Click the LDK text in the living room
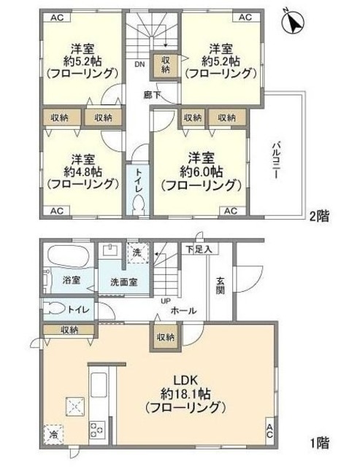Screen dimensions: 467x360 click(x=183, y=379)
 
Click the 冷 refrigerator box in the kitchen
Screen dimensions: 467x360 click(x=54, y=436)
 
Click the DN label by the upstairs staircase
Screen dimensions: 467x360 click(x=139, y=64)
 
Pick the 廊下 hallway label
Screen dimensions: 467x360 click(x=153, y=93)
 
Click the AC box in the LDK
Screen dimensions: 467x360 click(x=269, y=430)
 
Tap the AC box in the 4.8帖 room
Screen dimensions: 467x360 click(x=56, y=211)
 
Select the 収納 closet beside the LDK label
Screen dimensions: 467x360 click(x=164, y=337)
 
